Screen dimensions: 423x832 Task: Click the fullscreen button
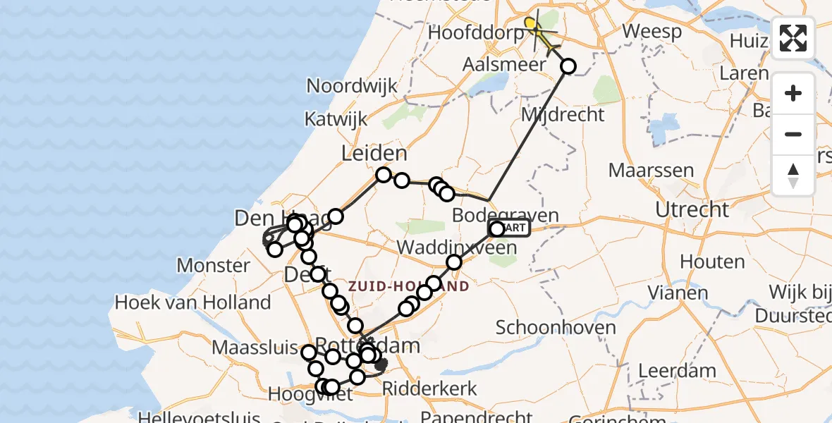[793, 38]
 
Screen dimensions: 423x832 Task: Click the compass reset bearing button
[793, 176]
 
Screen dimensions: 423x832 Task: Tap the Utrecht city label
[692, 209]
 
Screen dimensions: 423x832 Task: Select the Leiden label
[374, 154]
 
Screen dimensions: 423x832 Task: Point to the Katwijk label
[336, 118]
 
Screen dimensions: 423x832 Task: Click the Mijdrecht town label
[563, 114]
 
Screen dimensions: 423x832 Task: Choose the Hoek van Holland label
[192, 303]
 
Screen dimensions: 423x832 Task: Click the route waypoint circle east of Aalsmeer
[568, 66]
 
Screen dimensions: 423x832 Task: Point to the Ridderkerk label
[429, 388]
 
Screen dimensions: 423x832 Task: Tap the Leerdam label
[677, 370]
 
